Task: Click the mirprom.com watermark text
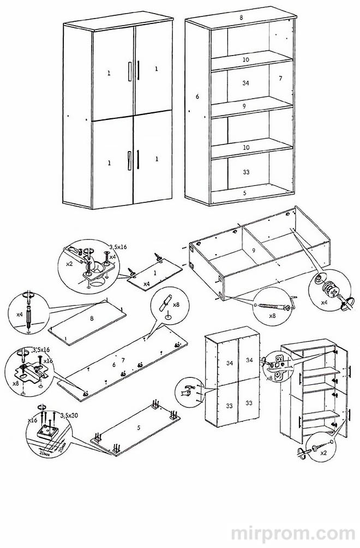point(293,531)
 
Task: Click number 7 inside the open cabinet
point(280,79)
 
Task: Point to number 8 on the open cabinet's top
point(241,18)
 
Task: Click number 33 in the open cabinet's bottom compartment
point(245,171)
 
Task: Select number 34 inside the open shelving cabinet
point(245,83)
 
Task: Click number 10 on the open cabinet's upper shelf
point(245,59)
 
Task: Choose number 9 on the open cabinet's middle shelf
point(245,106)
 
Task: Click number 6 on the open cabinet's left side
point(197,97)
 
